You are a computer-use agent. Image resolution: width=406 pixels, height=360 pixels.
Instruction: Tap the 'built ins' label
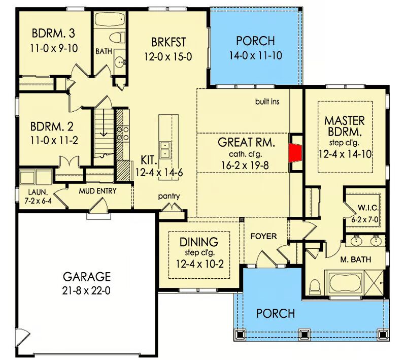pyautogui.click(x=267, y=101)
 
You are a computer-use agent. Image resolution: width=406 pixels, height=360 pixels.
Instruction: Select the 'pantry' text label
pyautogui.click(x=169, y=197)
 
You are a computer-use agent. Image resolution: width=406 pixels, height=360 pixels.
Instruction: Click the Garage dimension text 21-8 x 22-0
pyautogui.click(x=86, y=290)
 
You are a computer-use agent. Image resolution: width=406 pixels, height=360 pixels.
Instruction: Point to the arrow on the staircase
pyautogui.click(x=104, y=122)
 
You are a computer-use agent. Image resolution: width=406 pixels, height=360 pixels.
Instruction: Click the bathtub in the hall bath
pyautogui.click(x=110, y=19)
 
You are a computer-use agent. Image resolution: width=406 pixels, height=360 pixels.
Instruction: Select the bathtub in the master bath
pyautogui.click(x=345, y=283)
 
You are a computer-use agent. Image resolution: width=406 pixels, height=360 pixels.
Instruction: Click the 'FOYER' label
pyautogui.click(x=263, y=236)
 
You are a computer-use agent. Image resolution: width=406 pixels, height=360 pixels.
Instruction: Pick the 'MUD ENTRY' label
pyautogui.click(x=97, y=191)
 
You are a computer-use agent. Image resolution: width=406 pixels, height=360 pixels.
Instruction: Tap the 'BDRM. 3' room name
pyautogui.click(x=54, y=34)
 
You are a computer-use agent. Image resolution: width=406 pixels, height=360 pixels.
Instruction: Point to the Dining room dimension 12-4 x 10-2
pyautogui.click(x=199, y=264)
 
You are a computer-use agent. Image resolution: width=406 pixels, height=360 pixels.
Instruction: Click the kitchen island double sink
pyautogui.click(x=165, y=149)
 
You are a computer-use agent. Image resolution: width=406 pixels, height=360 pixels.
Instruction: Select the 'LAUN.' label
pyautogui.click(x=38, y=192)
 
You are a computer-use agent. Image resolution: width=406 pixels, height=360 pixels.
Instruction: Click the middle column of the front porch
pyautogui.click(x=304, y=335)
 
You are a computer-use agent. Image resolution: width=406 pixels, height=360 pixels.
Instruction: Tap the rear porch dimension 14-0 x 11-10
pyautogui.click(x=256, y=55)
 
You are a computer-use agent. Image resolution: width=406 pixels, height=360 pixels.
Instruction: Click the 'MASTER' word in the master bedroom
pyautogui.click(x=345, y=121)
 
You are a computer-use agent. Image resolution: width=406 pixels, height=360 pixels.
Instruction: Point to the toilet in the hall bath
pyautogui.click(x=118, y=37)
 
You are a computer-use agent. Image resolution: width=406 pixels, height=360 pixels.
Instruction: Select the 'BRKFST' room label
pyautogui.click(x=168, y=42)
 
